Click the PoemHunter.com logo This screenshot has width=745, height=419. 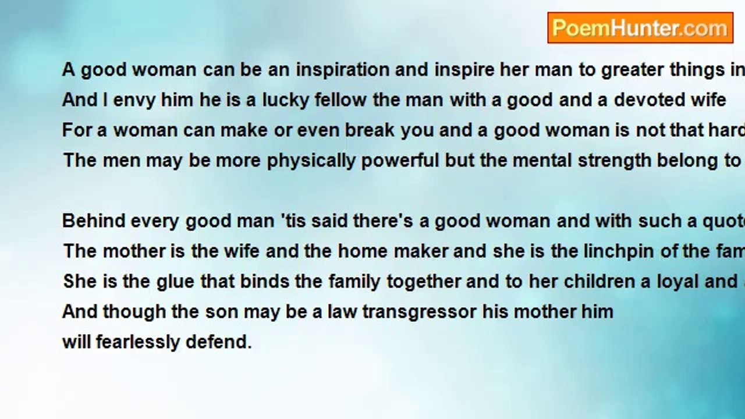coord(640,28)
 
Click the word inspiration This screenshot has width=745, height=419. coord(343,70)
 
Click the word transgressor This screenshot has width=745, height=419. coord(420,312)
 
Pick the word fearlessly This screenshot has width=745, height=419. coord(137,342)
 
